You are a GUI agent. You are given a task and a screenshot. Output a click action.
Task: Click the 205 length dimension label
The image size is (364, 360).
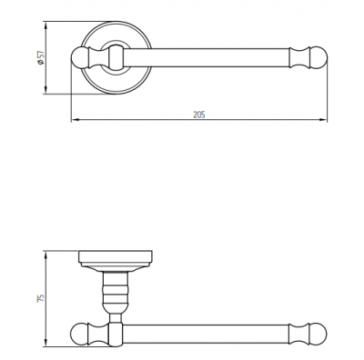pos(199,115)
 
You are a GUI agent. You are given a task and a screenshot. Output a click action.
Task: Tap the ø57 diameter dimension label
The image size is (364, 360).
pos(40,57)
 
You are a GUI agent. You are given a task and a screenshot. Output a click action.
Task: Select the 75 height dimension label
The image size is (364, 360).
pos(40,297)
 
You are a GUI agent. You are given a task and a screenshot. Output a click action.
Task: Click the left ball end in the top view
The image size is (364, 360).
pos(79,57)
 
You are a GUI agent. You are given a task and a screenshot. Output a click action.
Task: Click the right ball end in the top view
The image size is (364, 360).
pos(318,57)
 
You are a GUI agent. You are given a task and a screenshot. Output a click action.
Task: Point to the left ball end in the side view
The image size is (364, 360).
pos(79,334)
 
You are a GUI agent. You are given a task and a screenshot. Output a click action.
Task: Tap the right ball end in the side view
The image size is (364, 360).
pos(318,334)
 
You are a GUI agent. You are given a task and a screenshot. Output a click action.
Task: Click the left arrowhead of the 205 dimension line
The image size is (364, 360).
pos(75,120)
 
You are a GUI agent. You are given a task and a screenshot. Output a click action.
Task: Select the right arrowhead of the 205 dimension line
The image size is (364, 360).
pos(323,120)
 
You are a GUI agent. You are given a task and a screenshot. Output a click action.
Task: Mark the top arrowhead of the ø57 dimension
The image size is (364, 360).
pos(45,25)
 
